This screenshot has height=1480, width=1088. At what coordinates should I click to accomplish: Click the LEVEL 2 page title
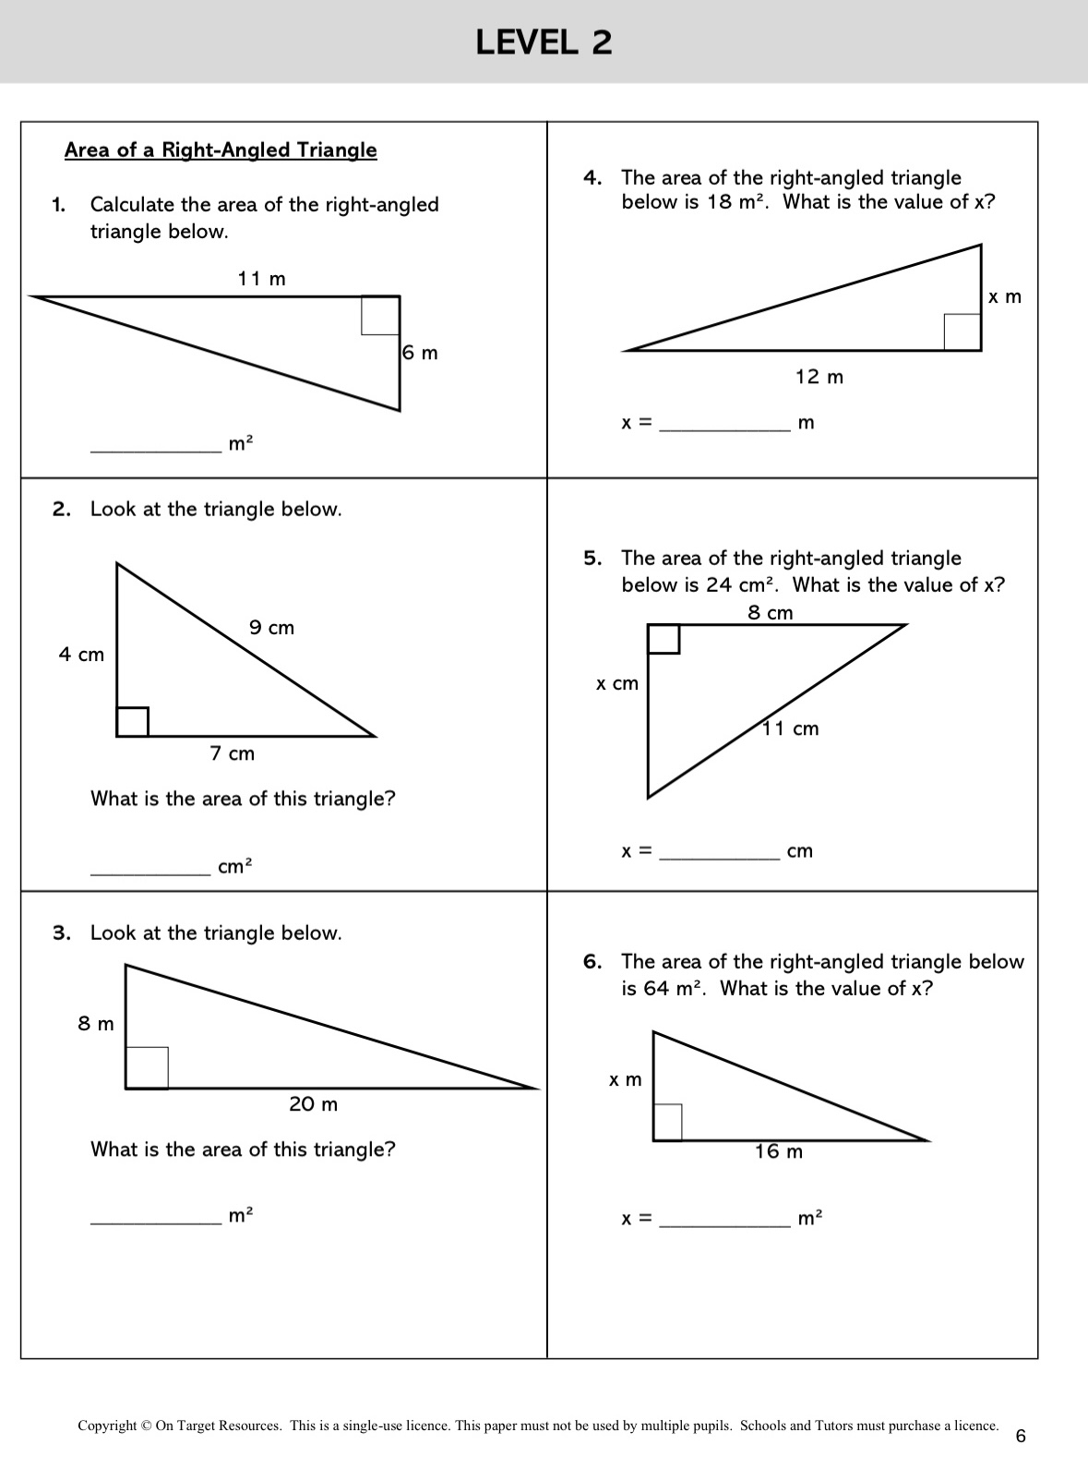pos(544,42)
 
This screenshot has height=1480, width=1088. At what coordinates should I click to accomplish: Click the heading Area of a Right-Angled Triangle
pos(221,150)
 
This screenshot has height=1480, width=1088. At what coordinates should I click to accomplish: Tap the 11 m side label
pos(261,278)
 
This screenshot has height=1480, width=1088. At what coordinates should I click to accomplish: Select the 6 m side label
pos(421,353)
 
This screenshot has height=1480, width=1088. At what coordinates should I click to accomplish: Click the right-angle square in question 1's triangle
pos(380,316)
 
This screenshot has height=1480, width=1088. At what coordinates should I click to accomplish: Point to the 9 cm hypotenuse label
pos(271,628)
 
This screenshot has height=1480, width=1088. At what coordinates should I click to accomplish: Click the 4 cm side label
pos(81,655)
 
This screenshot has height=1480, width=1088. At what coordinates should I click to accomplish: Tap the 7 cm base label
pos(232,753)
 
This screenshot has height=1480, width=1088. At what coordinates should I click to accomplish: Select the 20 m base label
pos(313,1104)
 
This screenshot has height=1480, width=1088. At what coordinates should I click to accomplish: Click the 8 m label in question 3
pos(96,1024)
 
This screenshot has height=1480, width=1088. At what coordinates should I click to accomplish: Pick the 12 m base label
pos(819,377)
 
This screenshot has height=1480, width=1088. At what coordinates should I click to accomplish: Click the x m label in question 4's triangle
pos(1005,296)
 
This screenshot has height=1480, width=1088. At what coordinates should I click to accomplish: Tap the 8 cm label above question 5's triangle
pos(770,613)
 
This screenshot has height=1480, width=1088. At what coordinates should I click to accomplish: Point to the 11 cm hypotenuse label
pos(791,728)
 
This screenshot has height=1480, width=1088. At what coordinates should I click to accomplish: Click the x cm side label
pos(616,684)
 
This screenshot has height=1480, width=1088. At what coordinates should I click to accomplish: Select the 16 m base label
pos(778,1151)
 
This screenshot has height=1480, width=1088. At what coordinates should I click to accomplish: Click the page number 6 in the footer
pos(1020,1436)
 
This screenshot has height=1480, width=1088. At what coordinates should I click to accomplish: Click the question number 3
pos(61,933)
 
